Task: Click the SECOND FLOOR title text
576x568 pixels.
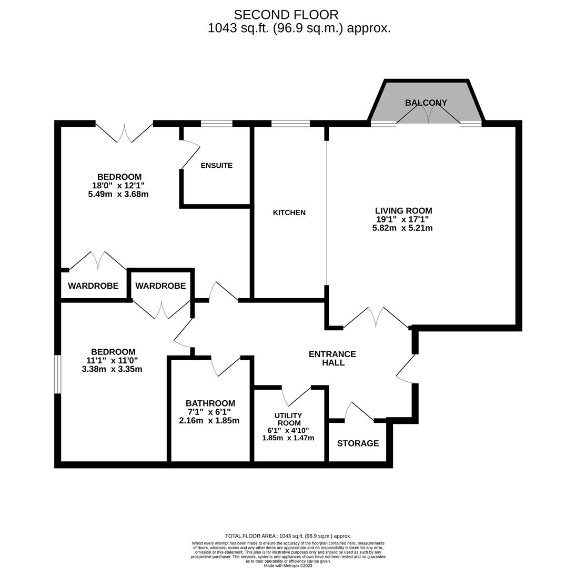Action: pos(286,15)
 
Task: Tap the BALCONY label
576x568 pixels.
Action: pos(426,103)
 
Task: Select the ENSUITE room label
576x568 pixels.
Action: pos(216,165)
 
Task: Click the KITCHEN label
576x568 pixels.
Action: pos(289,212)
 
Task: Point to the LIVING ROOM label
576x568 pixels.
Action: pos(403,210)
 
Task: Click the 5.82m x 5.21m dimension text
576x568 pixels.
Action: pos(402,228)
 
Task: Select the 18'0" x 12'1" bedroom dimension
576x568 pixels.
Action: pos(118,185)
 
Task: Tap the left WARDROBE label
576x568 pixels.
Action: pos(93,286)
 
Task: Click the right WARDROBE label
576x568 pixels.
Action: pos(160,286)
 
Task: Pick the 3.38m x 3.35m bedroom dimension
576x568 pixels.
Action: pos(112,369)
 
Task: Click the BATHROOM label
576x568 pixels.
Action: pos(210,403)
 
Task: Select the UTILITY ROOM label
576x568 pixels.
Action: pos(288,419)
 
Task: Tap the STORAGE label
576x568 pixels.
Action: pos(358,443)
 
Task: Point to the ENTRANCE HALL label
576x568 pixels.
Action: pos(332,358)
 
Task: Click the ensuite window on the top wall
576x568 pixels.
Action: pos(217,124)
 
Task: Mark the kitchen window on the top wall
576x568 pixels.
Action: pos(290,124)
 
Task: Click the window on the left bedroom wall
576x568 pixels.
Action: pos(58,374)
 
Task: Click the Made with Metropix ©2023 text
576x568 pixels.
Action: pos(288,565)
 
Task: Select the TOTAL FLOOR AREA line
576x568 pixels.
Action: pos(288,536)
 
